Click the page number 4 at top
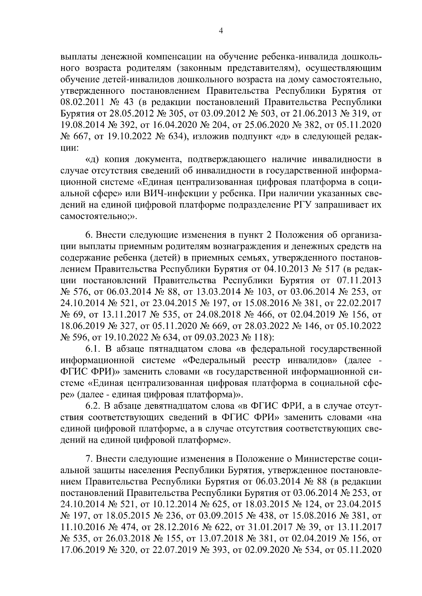[220, 31]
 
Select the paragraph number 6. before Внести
[89, 234]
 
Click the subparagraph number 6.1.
[94, 349]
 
